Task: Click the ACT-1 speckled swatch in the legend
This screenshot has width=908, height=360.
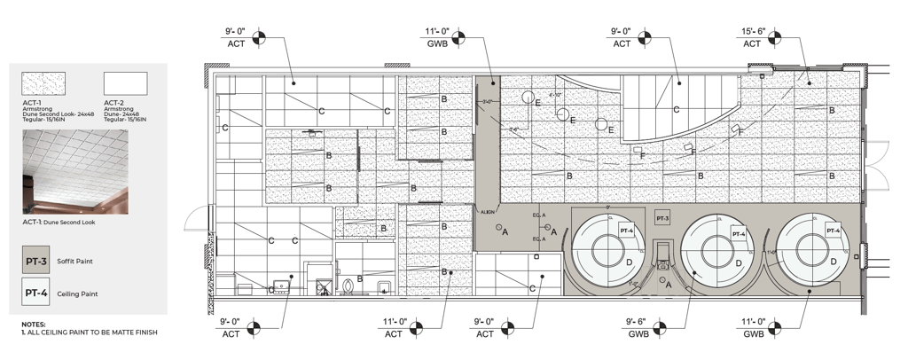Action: click(x=43, y=84)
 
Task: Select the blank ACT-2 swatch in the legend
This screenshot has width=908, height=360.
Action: click(x=125, y=84)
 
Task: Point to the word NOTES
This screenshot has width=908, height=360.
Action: click(x=34, y=325)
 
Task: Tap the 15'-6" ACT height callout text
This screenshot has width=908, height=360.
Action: click(x=752, y=37)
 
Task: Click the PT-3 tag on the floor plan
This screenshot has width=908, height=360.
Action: click(x=662, y=218)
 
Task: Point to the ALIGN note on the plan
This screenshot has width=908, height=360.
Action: click(x=487, y=212)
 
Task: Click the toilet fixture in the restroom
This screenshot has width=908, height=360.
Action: click(x=348, y=286)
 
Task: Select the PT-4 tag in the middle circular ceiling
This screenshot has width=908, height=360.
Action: click(x=737, y=233)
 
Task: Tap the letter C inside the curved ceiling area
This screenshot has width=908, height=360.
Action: click(x=676, y=109)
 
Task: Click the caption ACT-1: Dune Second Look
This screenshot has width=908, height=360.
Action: click(x=59, y=222)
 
